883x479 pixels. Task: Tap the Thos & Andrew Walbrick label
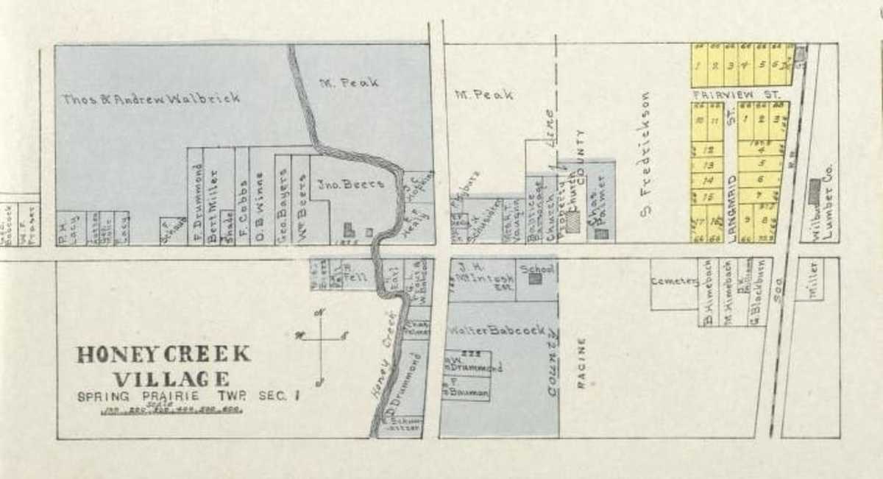click(x=151, y=99)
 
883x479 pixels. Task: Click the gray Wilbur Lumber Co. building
click(x=814, y=191)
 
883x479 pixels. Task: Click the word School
click(x=536, y=269)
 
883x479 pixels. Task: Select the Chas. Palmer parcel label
click(x=596, y=197)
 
